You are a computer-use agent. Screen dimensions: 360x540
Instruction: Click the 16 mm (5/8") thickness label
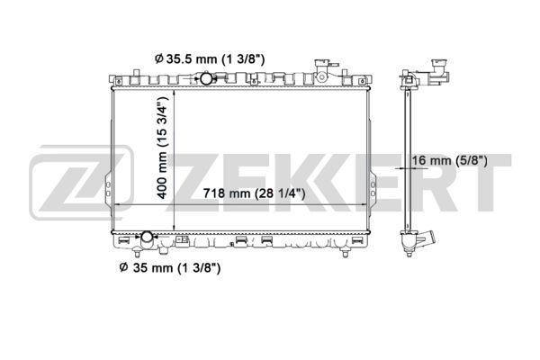pyautogui.click(x=449, y=161)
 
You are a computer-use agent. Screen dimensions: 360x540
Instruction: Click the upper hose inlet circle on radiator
pyautogui.click(x=206, y=80)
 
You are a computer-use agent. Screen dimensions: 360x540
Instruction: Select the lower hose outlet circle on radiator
pyautogui.click(x=148, y=240)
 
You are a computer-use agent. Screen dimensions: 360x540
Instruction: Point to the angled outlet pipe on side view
pyautogui.click(x=429, y=242)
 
